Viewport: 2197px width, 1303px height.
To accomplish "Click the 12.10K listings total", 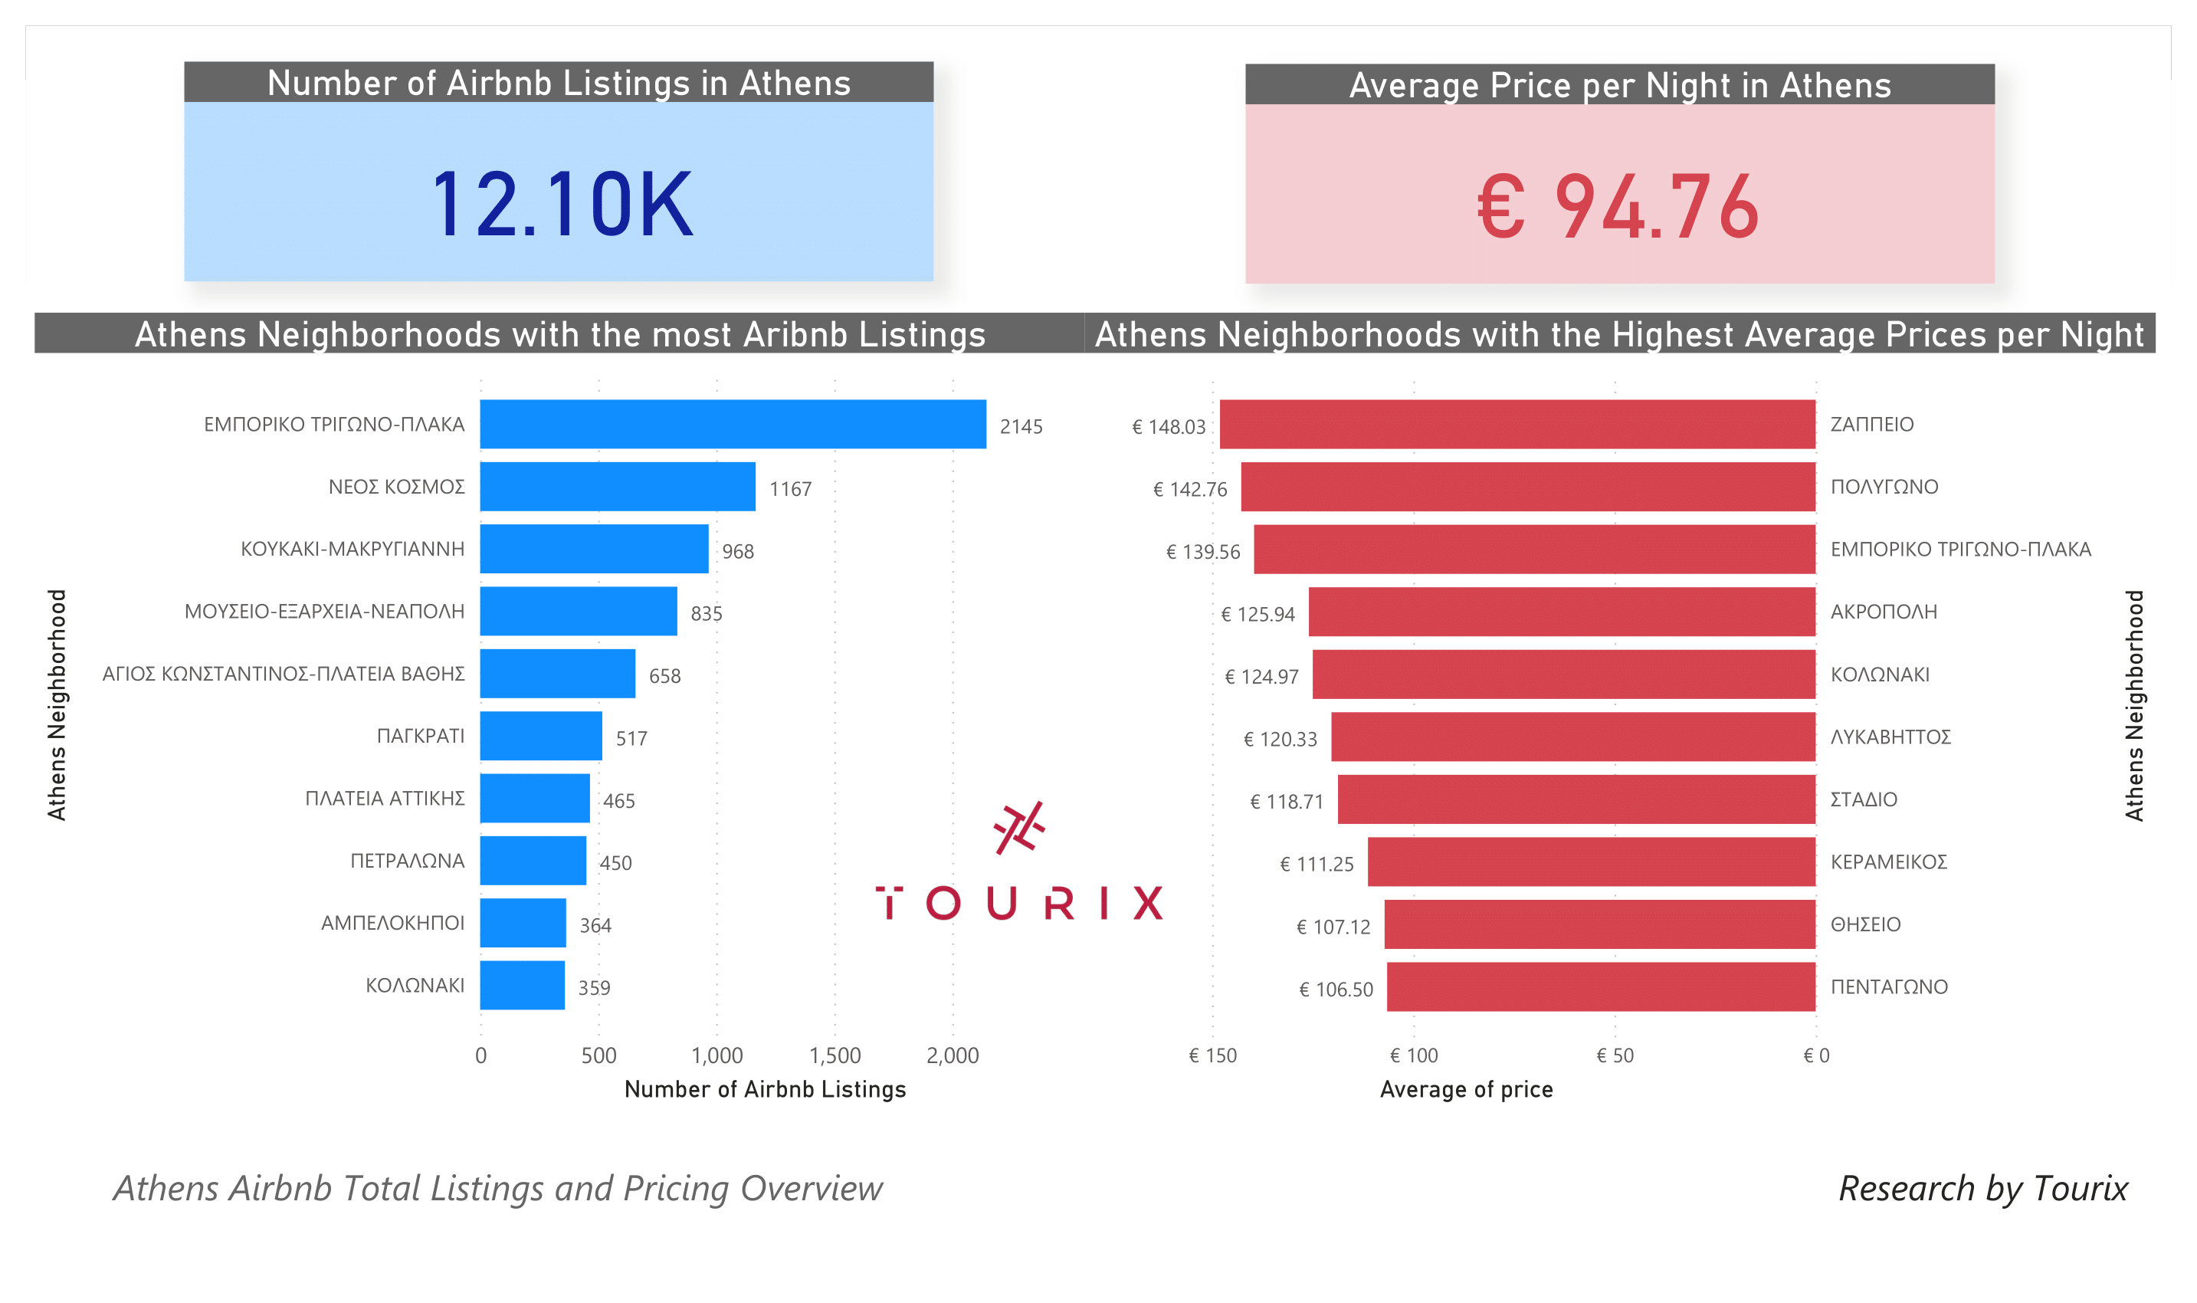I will (x=562, y=205).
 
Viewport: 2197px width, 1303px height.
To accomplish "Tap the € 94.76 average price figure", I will (x=1618, y=207).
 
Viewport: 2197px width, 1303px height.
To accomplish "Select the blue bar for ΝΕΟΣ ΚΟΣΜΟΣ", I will (x=617, y=487).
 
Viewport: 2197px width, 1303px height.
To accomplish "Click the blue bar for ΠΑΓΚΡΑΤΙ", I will (x=541, y=736).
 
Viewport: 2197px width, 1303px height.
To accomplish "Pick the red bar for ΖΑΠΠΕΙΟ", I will (x=1517, y=424).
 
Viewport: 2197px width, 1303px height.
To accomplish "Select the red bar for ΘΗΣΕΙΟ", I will (x=1599, y=924).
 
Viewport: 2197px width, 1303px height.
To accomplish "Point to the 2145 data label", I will (x=1021, y=427).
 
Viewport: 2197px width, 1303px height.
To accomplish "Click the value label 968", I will (x=737, y=551).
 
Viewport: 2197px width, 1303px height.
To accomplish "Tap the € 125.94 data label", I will (x=1258, y=615).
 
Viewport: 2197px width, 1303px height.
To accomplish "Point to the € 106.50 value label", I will (x=1335, y=990).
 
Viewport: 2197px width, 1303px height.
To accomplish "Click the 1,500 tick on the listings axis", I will (x=834, y=1055).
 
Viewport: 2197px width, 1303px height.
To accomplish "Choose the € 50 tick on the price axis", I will (x=1614, y=1055).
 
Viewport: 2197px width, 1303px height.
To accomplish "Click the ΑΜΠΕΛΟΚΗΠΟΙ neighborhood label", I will (x=392, y=923).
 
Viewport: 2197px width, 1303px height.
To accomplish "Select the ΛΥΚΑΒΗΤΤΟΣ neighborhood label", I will (x=1890, y=737).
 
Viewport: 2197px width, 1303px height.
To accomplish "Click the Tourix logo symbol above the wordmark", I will (x=1019, y=827).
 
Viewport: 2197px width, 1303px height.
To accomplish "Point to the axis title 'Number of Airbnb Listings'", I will (x=765, y=1090).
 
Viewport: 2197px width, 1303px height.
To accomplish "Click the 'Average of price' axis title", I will (x=1466, y=1090).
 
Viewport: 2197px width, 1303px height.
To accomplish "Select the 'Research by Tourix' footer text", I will (x=1982, y=1188).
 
